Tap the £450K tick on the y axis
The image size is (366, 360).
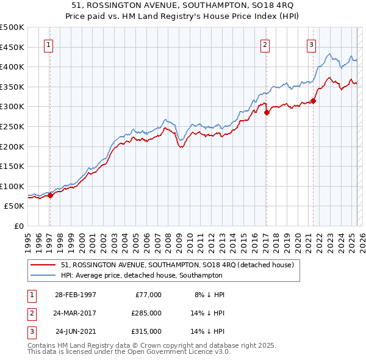12,47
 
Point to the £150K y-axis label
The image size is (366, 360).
12,166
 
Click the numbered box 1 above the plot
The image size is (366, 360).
48,44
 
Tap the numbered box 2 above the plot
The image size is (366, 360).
265,44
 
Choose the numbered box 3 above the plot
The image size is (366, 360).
311,44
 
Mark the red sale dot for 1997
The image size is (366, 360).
51,195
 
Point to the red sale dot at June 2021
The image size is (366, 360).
313,101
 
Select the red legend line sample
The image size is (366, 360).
43,265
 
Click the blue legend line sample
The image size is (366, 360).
43,276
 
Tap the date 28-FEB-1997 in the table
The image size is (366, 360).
76,295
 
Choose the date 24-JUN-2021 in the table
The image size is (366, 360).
76,331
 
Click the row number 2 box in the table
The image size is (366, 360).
30,313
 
